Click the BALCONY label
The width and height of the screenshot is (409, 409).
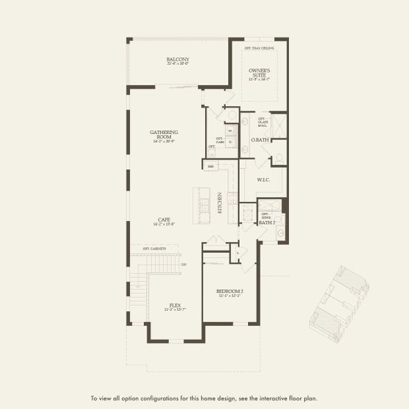[x=178, y=60]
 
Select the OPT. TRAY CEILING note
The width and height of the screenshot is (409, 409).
[x=260, y=48]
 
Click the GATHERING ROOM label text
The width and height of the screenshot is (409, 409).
[x=164, y=134]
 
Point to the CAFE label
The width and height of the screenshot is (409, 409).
[x=164, y=219]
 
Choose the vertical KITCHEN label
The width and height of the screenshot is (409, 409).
[x=219, y=203]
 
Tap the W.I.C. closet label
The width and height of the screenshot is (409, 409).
[x=264, y=181]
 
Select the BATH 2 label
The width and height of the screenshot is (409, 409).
[x=267, y=223]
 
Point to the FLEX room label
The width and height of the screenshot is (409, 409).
[x=176, y=305]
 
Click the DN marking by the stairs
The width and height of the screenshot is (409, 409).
[x=183, y=264]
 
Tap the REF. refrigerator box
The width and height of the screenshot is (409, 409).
[x=211, y=165]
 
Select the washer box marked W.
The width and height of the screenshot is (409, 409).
[x=230, y=130]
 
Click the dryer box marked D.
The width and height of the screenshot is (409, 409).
[x=230, y=142]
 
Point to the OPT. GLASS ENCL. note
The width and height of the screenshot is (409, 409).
[x=262, y=123]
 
